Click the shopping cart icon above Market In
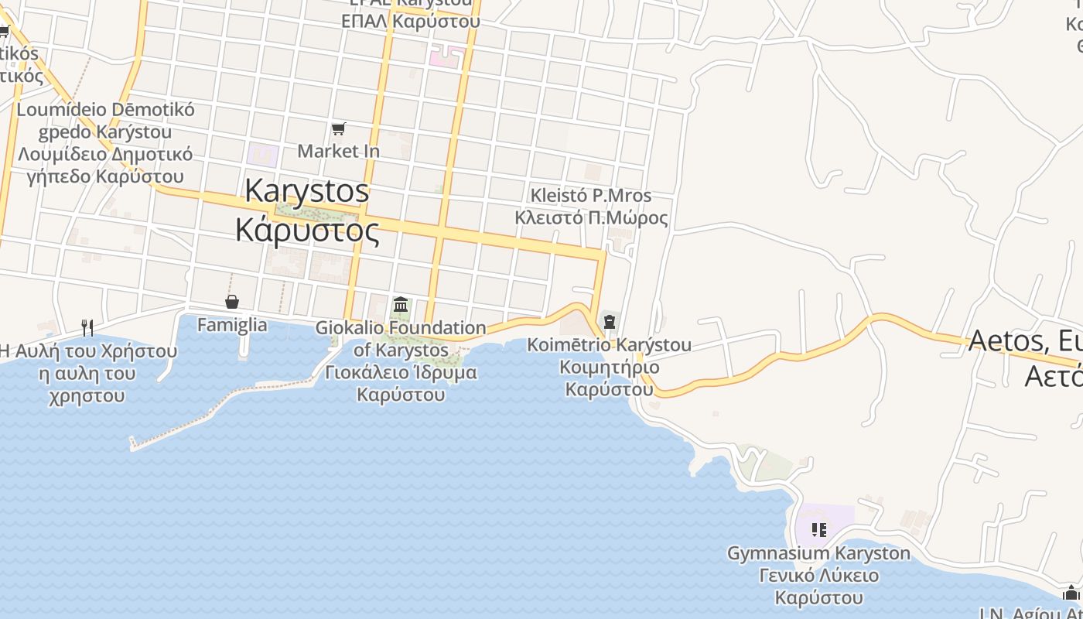338,128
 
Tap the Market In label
338,151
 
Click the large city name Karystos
307,191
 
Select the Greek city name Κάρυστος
307,230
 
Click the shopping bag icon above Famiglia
231,302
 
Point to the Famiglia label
232,325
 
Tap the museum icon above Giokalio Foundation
401,305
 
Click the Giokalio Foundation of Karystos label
401,339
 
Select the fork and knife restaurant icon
87,328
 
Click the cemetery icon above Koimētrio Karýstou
610,321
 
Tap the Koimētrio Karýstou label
610,345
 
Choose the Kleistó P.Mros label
591,196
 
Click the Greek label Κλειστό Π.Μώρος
591,217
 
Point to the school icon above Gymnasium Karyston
819,530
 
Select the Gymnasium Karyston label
818,553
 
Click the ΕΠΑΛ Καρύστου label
410,21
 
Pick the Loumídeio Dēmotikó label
105,109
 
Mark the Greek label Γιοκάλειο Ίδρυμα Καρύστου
401,383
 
